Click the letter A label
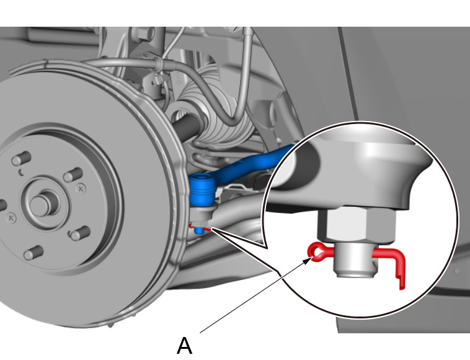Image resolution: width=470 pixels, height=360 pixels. [x=184, y=346]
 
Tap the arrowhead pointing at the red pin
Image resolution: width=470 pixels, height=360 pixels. [x=308, y=260]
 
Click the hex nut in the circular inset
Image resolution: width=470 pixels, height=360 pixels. [x=357, y=225]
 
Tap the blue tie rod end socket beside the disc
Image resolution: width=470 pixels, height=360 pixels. [x=202, y=189]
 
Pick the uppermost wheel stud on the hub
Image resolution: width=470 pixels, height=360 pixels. [x=21, y=158]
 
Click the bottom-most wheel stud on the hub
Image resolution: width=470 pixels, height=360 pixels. [x=33, y=253]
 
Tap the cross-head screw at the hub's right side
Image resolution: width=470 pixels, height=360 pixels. [x=81, y=189]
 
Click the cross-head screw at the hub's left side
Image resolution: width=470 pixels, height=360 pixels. [x=11, y=217]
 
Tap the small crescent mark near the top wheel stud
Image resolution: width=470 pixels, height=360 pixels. [x=21, y=173]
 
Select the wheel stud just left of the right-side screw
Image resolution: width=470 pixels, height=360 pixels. [x=73, y=174]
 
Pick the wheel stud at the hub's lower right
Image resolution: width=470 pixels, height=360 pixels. [x=79, y=233]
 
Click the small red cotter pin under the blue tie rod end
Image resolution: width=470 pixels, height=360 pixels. [x=200, y=228]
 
